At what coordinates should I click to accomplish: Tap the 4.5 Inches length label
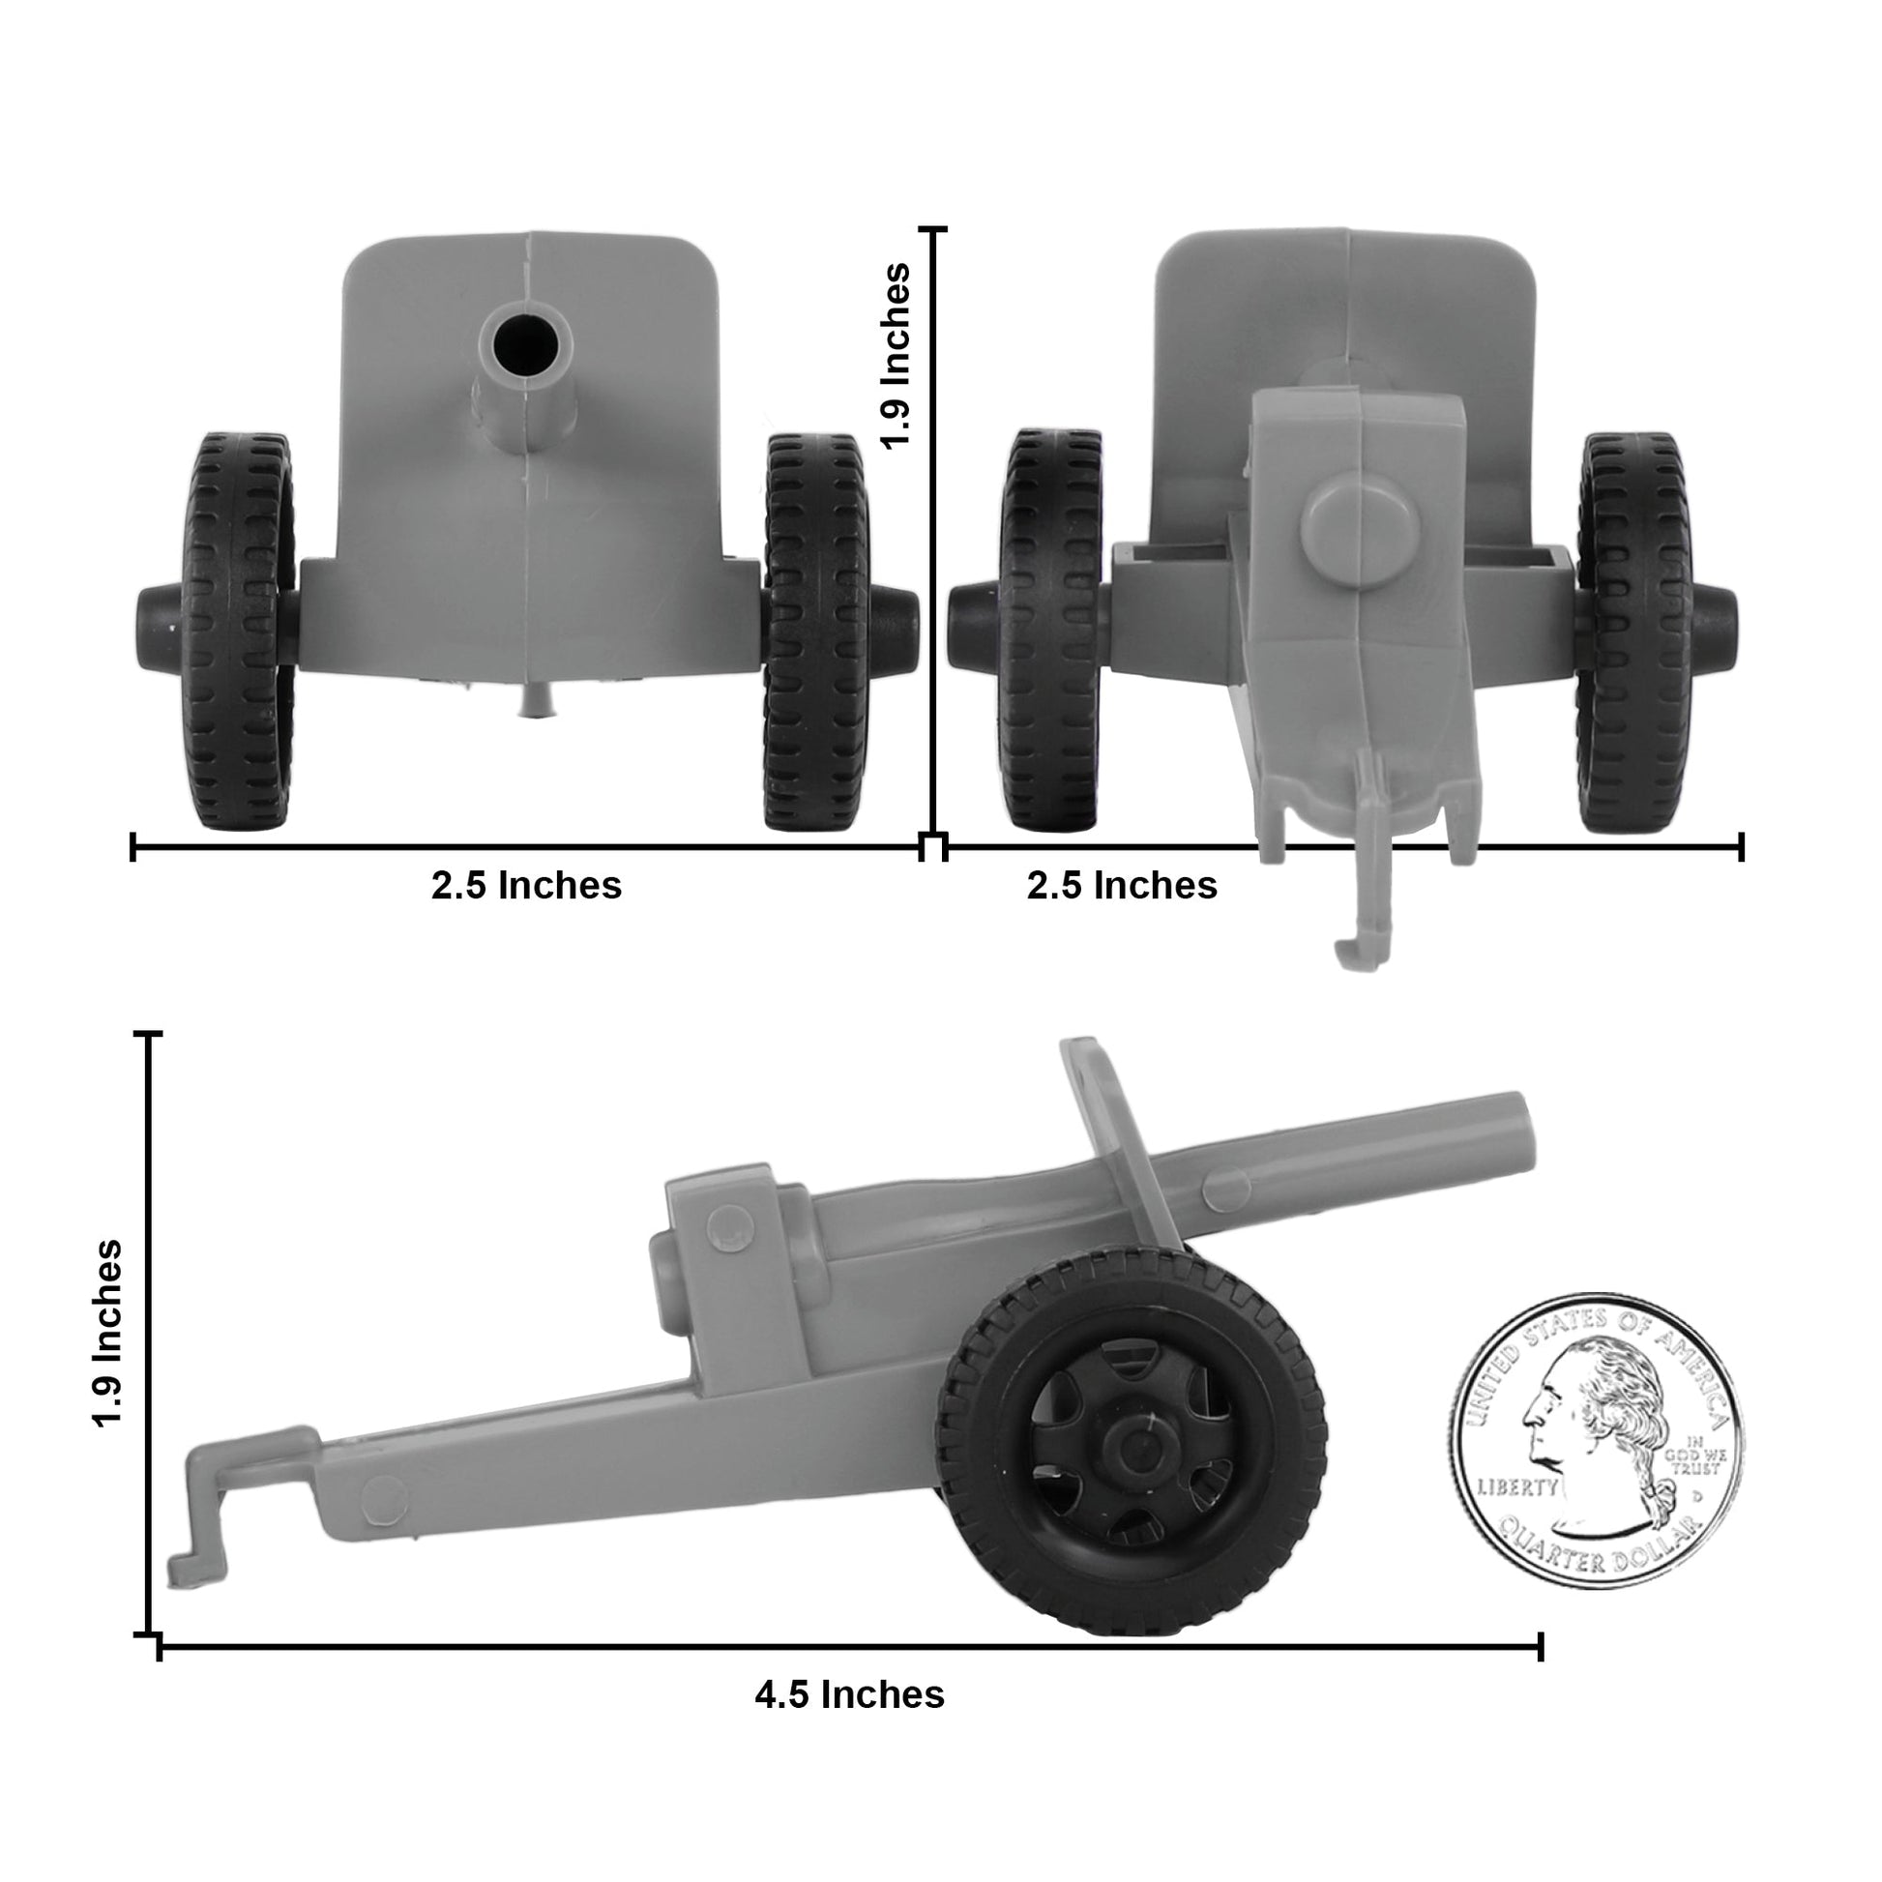pos(849,1694)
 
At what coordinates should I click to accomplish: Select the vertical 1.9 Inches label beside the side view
pos(108,1334)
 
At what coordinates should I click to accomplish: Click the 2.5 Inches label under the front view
pos(526,886)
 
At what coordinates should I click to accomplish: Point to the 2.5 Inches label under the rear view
pos(1121,886)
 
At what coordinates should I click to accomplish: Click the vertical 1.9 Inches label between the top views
pos(895,355)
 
